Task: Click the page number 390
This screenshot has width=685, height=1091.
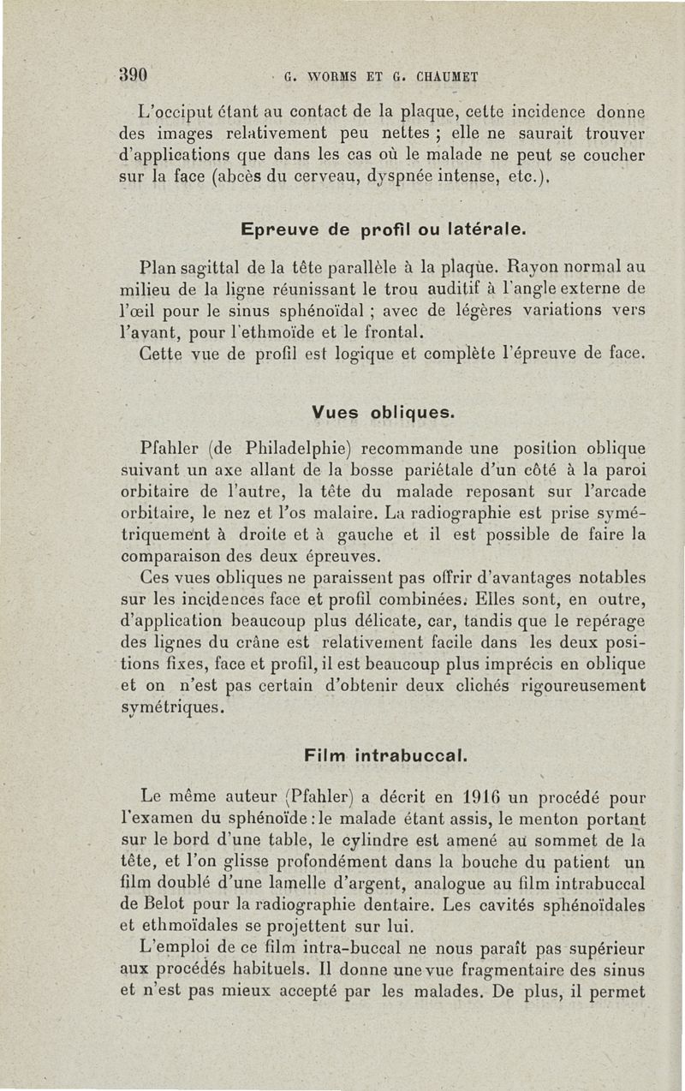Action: (x=134, y=73)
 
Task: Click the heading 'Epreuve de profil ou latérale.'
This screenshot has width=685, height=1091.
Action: (x=382, y=230)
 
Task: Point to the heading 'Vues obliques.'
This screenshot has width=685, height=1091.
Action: (x=381, y=412)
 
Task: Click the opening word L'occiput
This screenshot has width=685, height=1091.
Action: (x=175, y=111)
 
